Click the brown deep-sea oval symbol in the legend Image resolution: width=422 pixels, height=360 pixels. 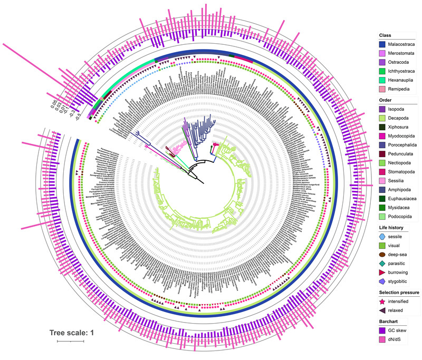pos(383,255)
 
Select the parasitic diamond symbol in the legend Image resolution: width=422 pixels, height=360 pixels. pos(383,265)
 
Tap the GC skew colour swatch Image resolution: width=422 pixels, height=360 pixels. pos(383,337)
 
